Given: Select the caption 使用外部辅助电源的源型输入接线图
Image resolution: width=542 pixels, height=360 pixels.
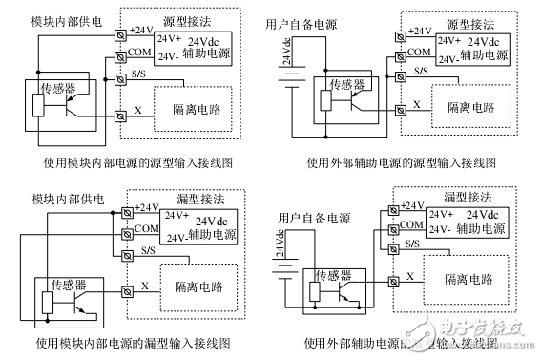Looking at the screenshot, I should (401, 162).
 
